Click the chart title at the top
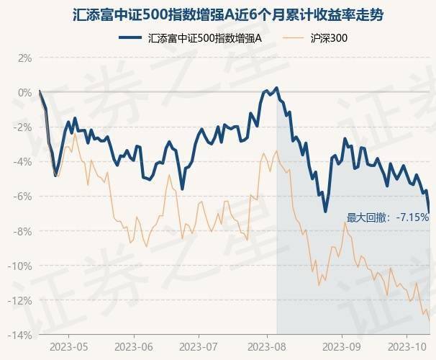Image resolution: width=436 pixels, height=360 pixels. click(217, 14)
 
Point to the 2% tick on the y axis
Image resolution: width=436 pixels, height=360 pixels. click(25, 58)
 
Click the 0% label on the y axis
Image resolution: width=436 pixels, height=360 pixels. click(25, 92)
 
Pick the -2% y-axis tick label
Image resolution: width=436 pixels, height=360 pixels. click(24, 127)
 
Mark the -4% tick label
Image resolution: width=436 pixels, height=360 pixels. click(24, 161)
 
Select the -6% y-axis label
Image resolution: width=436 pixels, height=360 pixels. click(24, 196)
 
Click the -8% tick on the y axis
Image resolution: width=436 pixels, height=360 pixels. click(24, 231)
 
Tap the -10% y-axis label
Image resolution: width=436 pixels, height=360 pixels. click(22, 266)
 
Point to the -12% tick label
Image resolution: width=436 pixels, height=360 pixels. click(22, 300)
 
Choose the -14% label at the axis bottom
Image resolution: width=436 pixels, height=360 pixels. click(22, 335)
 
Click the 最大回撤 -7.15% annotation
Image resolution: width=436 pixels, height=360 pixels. click(388, 217)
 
